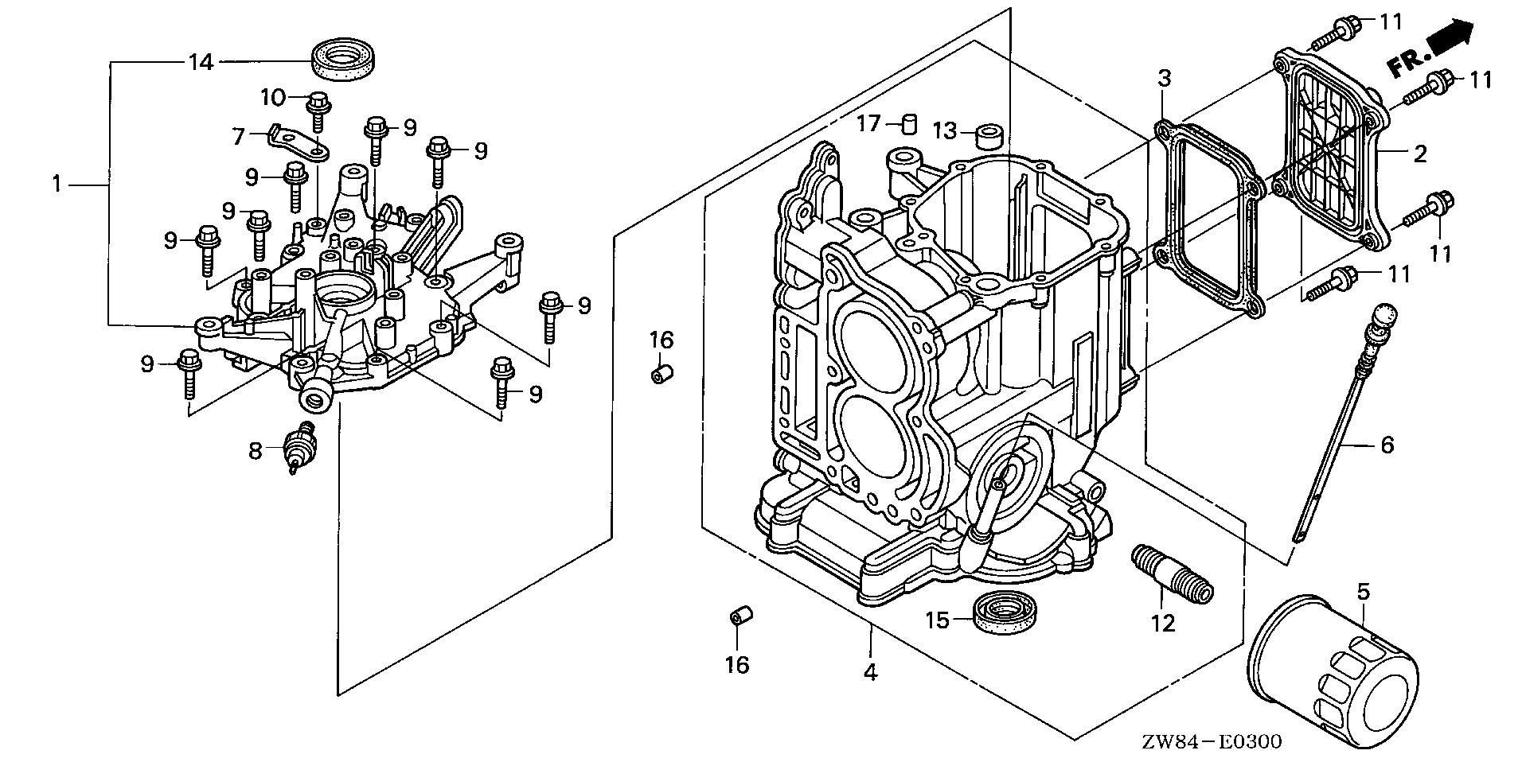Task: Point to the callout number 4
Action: [x=871, y=672]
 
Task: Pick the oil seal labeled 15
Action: [x=1005, y=612]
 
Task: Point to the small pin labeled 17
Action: [x=910, y=125]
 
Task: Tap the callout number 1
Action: [x=57, y=185]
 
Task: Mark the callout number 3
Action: [x=1164, y=78]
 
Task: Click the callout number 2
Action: [x=1420, y=154]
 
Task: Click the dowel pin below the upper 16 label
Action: [x=662, y=374]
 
